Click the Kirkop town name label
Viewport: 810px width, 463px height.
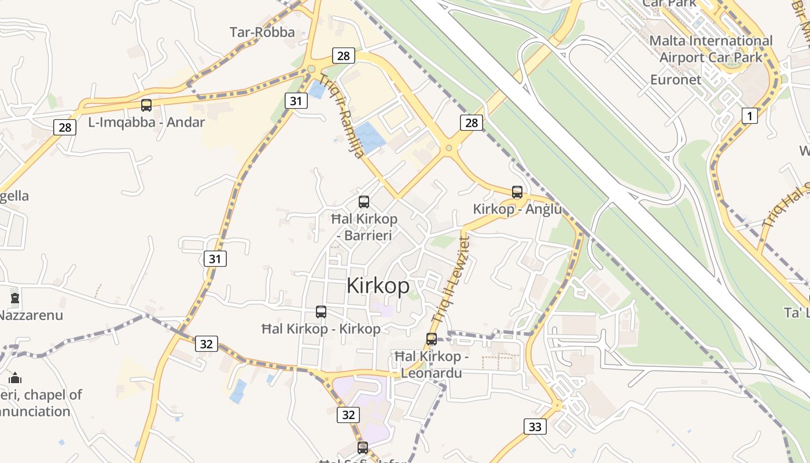click(378, 286)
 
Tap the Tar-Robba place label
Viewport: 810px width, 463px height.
click(262, 32)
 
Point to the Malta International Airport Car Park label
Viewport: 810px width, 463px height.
click(710, 49)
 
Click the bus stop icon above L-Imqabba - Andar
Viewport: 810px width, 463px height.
click(146, 105)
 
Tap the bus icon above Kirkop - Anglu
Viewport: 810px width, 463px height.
click(517, 192)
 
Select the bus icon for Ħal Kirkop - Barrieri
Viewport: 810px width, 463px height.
click(364, 202)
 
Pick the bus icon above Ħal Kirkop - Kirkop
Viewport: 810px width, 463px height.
click(321, 312)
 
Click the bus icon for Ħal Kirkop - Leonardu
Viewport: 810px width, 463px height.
click(432, 339)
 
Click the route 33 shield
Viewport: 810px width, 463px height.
click(535, 427)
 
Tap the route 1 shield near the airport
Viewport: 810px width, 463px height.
click(750, 116)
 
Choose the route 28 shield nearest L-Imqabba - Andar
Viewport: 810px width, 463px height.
click(65, 127)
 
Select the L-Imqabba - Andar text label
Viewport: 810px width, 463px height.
click(146, 122)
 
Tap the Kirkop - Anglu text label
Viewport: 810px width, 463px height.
click(517, 209)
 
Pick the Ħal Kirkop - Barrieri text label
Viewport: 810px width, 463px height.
click(365, 227)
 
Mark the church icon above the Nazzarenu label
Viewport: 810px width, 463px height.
click(15, 299)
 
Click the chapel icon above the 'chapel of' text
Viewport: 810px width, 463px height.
click(15, 378)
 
